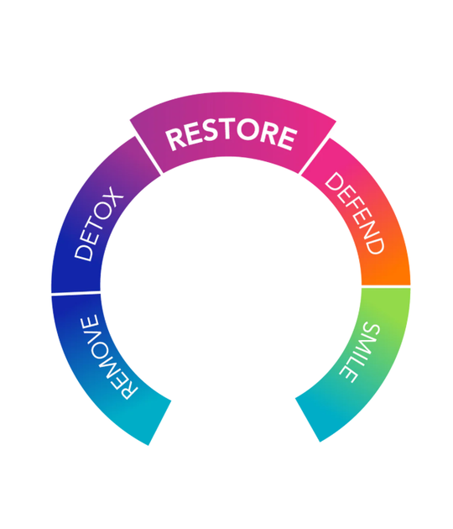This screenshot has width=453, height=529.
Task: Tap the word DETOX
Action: tap(99, 223)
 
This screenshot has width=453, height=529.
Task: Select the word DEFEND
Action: tap(355, 213)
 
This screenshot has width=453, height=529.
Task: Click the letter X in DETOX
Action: tap(113, 196)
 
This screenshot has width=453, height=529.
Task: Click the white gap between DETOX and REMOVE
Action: tap(75, 294)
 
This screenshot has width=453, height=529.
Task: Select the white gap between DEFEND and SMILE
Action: tap(386, 286)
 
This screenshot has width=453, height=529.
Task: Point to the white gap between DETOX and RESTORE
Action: tap(148, 155)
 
